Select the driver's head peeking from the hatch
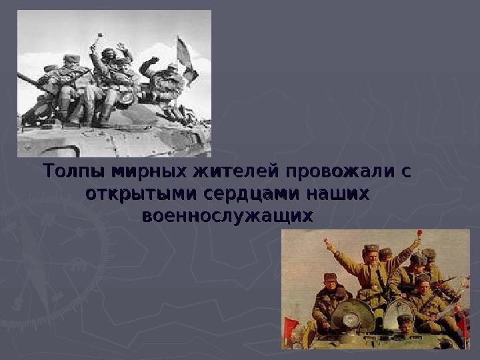coord(405,322)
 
